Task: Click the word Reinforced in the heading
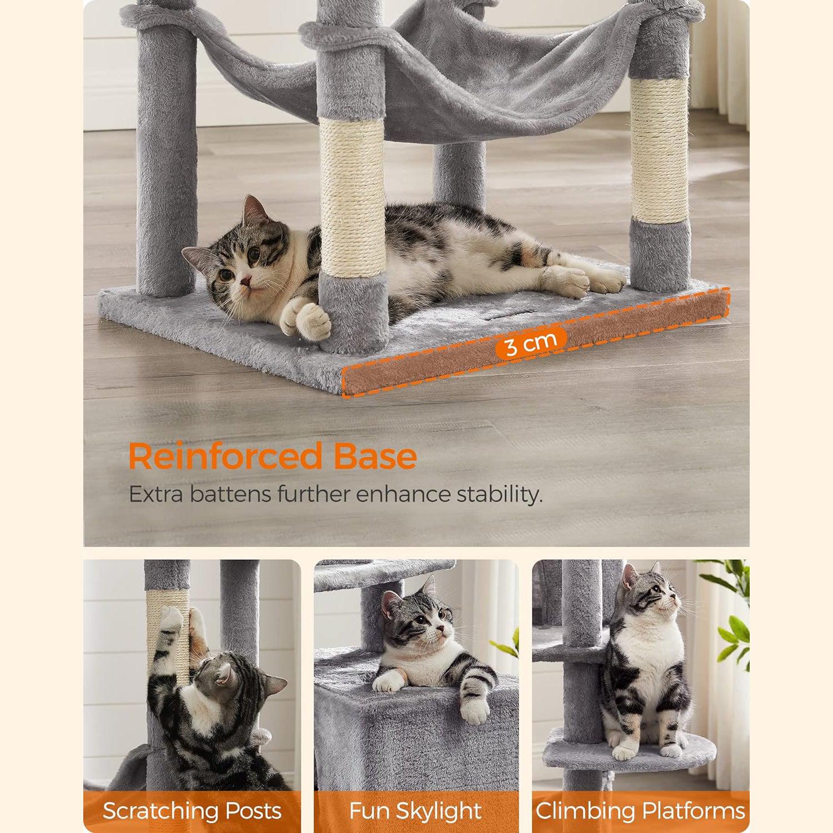point(225,456)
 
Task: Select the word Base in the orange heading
point(375,456)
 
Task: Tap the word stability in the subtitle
point(499,494)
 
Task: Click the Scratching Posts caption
point(192,811)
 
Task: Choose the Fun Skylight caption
point(415,811)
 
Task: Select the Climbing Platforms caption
point(640,811)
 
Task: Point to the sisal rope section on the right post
point(660,151)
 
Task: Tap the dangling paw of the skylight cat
point(476,711)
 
